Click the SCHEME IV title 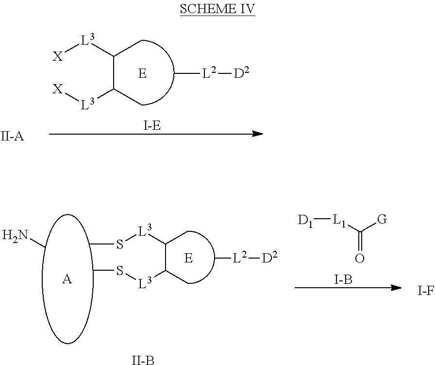(x=217, y=9)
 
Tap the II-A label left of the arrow (x=12, y=137)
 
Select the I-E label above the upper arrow (x=152, y=126)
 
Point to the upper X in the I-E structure (x=58, y=56)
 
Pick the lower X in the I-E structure (x=58, y=89)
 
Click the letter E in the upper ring (x=142, y=74)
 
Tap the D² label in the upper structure (x=241, y=73)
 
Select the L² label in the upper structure (x=209, y=73)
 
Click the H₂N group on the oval (x=15, y=236)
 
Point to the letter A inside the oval (x=67, y=279)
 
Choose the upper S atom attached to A (x=119, y=244)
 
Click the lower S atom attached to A (x=119, y=270)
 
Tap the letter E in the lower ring (x=188, y=259)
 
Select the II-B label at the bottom (x=143, y=360)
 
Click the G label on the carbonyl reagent (x=382, y=220)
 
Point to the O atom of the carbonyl (x=360, y=259)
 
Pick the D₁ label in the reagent (x=305, y=221)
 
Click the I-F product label (x=426, y=291)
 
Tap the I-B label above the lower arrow (x=343, y=280)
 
